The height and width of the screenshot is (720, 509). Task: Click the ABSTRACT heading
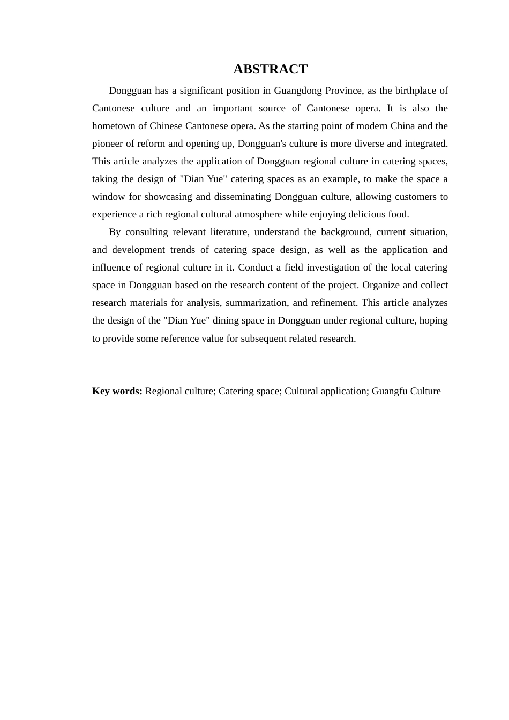(x=270, y=69)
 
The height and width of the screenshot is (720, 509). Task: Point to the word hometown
(x=114, y=126)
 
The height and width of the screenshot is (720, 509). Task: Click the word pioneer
(x=108, y=144)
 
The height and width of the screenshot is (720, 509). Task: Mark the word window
(x=108, y=197)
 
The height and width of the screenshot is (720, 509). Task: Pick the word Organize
(x=381, y=285)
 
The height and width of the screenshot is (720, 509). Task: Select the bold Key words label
(x=117, y=391)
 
